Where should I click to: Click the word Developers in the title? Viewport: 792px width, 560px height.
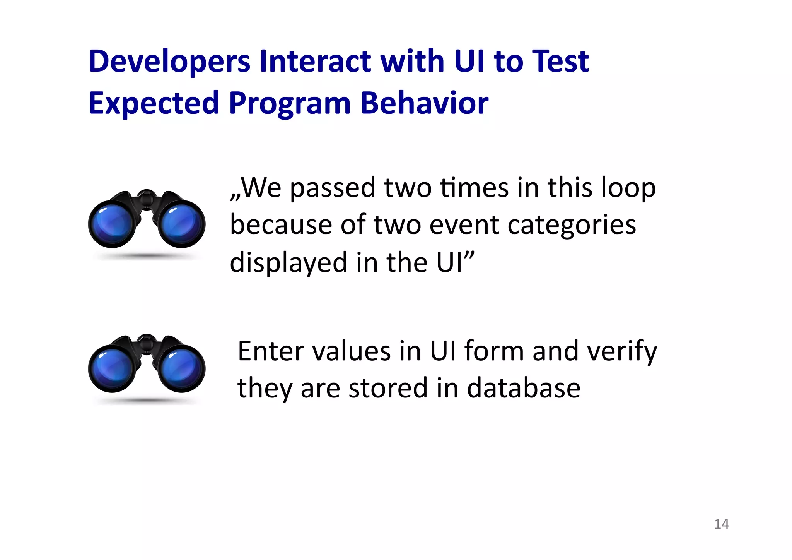169,62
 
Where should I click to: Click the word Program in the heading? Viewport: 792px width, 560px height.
289,104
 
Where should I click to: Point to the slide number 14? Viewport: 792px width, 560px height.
721,524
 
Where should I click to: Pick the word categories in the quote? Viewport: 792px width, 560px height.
571,225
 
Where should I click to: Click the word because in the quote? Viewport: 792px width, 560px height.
281,225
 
